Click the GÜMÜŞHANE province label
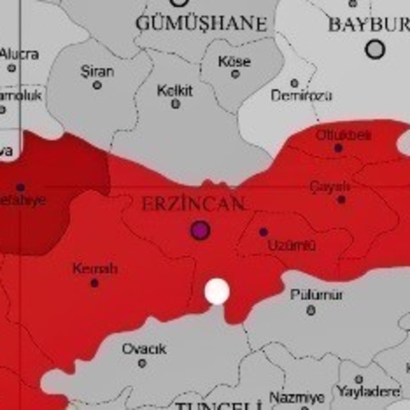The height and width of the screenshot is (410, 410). tap(201, 24)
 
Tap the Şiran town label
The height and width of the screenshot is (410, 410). tap(97, 70)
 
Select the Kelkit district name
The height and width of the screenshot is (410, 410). tap(174, 90)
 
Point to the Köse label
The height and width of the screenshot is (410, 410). tap(234, 62)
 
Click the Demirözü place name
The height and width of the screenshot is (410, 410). tap(301, 96)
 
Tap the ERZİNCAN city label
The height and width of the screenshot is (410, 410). tap(193, 204)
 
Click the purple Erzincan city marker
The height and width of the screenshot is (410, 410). tap(201, 230)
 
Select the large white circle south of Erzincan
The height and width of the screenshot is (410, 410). tap(217, 291)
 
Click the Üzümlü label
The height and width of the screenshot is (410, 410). tap(291, 245)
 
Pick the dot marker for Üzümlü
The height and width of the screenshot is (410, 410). tap(263, 232)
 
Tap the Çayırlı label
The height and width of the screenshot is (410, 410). tap(330, 186)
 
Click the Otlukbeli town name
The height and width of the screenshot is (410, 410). tap(343, 135)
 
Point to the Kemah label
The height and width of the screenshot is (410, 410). tap(95, 268)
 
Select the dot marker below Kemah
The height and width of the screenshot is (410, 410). tap(95, 283)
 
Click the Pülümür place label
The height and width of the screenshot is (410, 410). tap(316, 295)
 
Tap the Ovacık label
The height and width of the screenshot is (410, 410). tap(144, 349)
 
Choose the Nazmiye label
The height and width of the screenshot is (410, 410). tap(297, 397)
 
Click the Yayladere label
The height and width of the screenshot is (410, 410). tap(368, 391)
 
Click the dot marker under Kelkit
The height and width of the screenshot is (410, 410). tap(176, 104)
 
